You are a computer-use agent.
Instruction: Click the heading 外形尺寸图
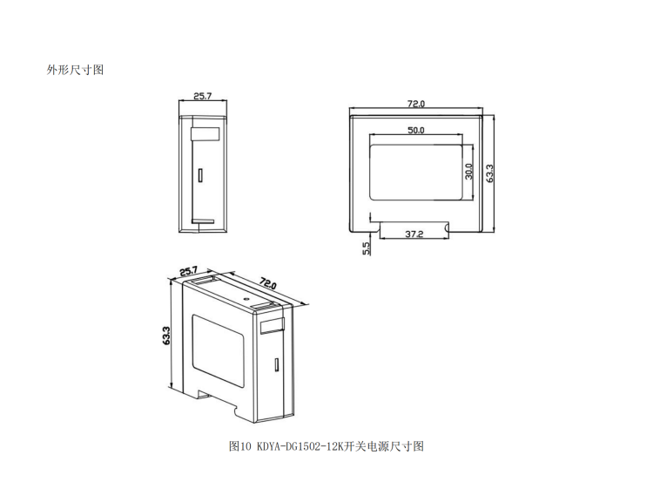(75, 70)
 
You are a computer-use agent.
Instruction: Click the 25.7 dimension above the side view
(203, 96)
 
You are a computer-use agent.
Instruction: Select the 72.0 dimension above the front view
(416, 104)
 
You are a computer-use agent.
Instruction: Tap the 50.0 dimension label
(415, 130)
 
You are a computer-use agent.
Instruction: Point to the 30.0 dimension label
(469, 172)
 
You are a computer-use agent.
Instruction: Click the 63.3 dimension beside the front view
(489, 173)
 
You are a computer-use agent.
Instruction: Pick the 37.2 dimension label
(414, 234)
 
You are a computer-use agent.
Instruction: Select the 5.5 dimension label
(366, 248)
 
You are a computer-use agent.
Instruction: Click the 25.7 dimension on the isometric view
(189, 271)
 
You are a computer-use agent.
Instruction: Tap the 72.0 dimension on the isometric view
(268, 283)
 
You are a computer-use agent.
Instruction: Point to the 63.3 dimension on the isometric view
(166, 336)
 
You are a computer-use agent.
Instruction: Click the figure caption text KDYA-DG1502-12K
(299, 446)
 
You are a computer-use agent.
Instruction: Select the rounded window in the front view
(416, 173)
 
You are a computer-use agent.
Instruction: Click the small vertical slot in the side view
(200, 175)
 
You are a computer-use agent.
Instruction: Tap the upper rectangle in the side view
(205, 134)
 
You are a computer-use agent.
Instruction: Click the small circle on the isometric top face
(246, 299)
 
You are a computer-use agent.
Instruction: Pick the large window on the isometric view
(218, 350)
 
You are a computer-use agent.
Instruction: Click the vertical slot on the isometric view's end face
(276, 364)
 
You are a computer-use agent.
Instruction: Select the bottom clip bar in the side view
(203, 221)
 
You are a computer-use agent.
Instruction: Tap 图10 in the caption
(240, 446)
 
